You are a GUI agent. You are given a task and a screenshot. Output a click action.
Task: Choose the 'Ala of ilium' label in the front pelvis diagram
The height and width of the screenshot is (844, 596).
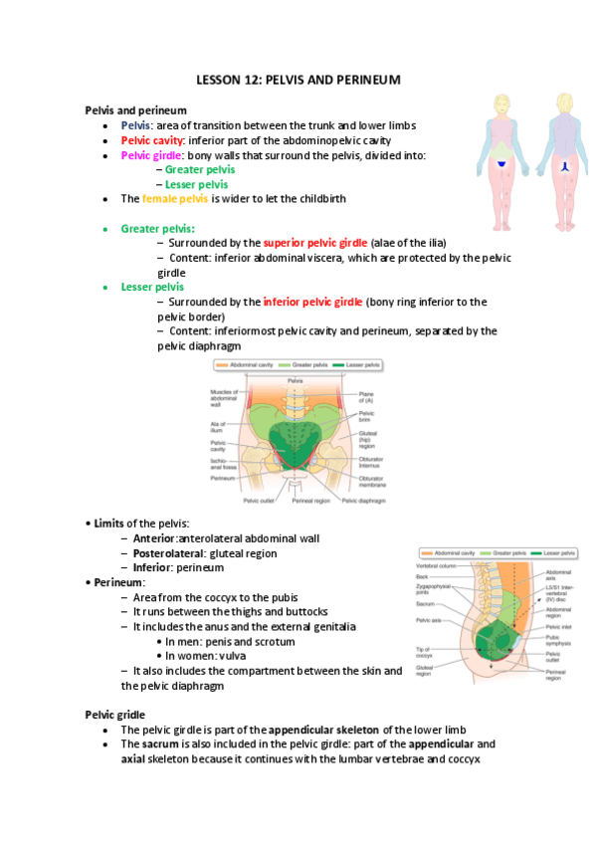(x=220, y=426)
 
